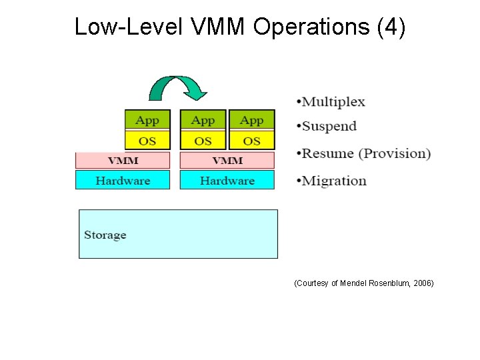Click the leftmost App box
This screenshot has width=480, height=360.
(x=147, y=120)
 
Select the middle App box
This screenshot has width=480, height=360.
(x=203, y=120)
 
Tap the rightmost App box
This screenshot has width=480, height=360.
(x=251, y=120)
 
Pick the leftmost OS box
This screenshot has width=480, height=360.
(x=147, y=141)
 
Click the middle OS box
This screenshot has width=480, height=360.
(x=203, y=141)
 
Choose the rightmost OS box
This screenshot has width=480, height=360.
(x=251, y=141)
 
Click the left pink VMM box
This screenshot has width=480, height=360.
(x=123, y=161)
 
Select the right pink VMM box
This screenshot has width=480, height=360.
(x=227, y=161)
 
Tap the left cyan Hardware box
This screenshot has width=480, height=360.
(x=123, y=180)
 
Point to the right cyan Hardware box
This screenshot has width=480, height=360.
(x=227, y=180)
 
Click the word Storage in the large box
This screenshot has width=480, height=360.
(x=105, y=235)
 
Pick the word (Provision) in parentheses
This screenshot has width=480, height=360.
(x=395, y=154)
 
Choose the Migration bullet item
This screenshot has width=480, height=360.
(x=334, y=181)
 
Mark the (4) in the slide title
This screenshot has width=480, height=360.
(x=391, y=27)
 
